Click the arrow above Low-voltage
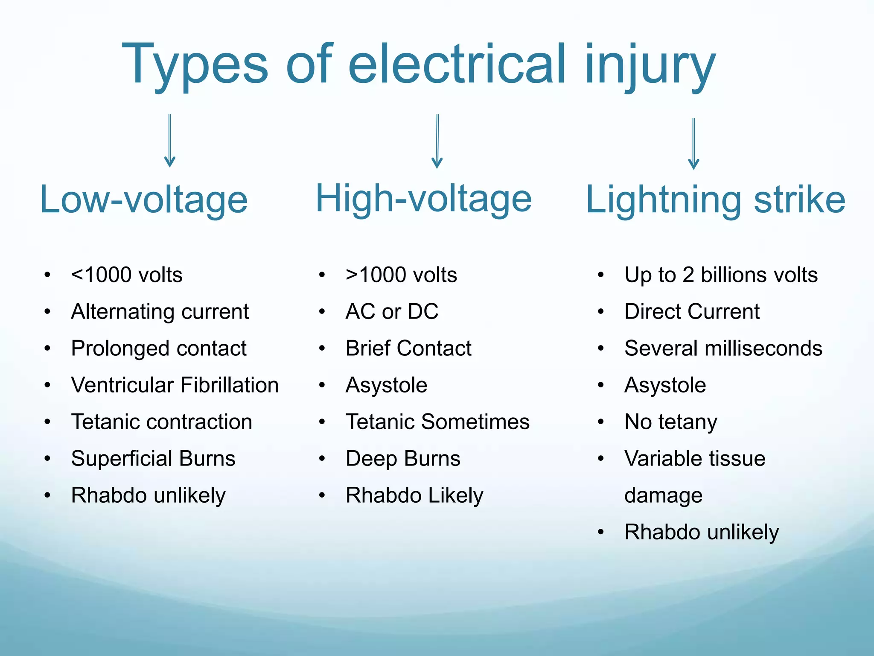(170, 141)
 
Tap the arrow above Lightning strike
(693, 144)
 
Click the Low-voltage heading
(143, 199)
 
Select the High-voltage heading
(423, 199)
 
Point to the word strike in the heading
(799, 199)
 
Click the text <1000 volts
(127, 275)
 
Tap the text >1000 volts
(401, 275)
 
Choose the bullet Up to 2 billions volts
(721, 275)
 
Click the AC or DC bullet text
(392, 311)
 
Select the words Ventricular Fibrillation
(175, 385)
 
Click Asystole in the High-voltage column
(386, 385)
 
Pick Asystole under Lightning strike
(665, 385)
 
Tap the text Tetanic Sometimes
(437, 422)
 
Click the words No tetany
(670, 422)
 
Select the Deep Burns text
(403, 458)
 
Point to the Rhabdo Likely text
(414, 495)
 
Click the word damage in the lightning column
(663, 495)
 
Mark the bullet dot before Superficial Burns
(48, 459)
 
